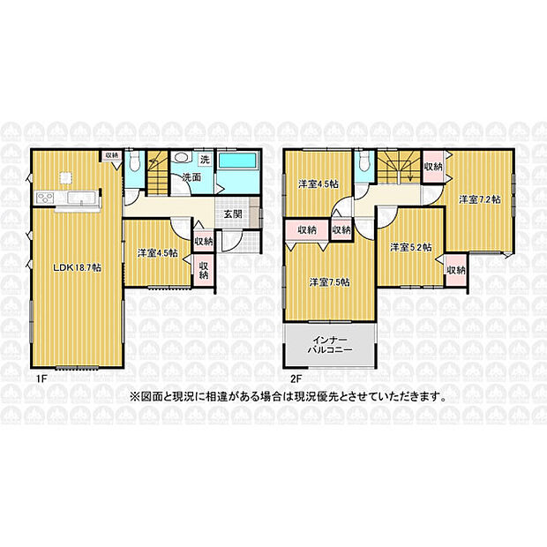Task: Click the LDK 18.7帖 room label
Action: point(77,268)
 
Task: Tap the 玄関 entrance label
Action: point(233,214)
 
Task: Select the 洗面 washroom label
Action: point(191,177)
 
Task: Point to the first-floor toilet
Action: point(134,161)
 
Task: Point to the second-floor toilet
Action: point(363,161)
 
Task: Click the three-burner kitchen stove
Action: point(45,199)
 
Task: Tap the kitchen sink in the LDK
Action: point(81,198)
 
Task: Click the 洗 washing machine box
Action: point(205,160)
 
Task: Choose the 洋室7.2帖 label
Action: point(480,199)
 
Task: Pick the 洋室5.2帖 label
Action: point(410,247)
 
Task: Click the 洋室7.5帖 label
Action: point(330,281)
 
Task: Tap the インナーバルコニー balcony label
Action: point(330,344)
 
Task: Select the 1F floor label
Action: point(41,380)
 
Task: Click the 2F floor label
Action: point(296,380)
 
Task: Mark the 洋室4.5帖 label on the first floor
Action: point(158,253)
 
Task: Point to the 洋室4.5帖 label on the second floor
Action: point(318,184)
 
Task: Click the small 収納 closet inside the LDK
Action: point(112,155)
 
